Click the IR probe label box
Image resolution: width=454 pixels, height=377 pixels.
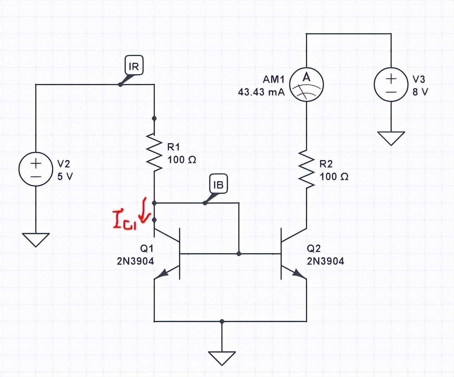pos(134,66)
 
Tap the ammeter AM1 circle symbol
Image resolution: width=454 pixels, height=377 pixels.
pos(306,85)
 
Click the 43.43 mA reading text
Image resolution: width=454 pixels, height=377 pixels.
pos(261,92)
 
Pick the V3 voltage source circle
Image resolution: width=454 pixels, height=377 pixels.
pos(391,85)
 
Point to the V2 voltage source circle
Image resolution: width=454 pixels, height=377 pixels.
pos(36,169)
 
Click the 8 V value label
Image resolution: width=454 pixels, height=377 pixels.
pos(421,92)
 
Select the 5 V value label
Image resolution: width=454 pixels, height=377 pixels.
pos(65,177)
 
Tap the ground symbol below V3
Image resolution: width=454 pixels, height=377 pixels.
pos(391,138)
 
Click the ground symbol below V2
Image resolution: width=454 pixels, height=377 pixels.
pos(36,239)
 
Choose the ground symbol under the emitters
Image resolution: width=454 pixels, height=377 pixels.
pos(222,358)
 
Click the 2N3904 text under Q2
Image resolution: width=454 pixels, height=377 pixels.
pos(325,261)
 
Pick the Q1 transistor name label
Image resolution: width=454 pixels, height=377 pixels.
pos(147,248)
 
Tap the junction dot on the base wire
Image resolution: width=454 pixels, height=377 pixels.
pos(239,253)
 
